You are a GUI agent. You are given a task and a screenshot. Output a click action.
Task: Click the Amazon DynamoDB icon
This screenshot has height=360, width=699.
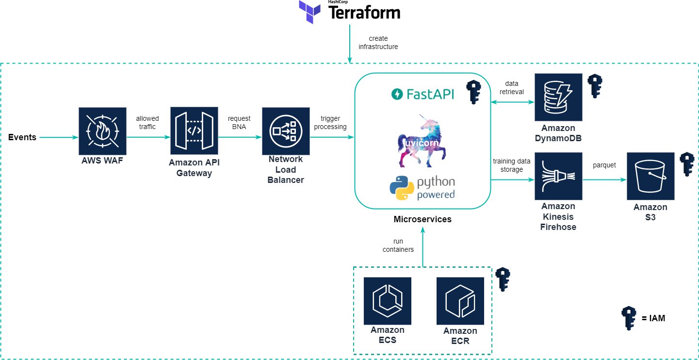coord(558,97)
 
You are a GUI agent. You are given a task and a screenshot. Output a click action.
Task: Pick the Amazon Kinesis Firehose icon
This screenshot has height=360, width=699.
coord(558,176)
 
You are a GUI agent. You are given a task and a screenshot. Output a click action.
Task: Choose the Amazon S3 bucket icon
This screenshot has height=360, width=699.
coord(650,176)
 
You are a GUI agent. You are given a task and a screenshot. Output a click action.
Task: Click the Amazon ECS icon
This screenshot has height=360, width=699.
coord(388,301)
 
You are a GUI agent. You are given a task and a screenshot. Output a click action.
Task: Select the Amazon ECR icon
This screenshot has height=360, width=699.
coord(460,301)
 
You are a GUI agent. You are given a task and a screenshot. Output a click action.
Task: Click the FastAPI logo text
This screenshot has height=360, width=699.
coord(423,94)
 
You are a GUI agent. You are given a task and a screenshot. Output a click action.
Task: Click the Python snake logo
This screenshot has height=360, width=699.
coord(402,189)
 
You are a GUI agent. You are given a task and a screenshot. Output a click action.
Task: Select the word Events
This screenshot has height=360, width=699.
coord(22,137)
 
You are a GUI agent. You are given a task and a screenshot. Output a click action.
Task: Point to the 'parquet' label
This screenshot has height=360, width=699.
coord(604,165)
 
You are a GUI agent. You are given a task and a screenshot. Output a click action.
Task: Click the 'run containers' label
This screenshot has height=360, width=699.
coord(398,245)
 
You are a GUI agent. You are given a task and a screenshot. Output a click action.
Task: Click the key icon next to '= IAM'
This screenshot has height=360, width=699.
coord(629,318)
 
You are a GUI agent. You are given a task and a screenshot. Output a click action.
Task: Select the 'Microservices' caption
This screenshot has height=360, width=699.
coord(423,219)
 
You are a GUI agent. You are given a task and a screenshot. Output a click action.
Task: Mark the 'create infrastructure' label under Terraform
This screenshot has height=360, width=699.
coord(378,43)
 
